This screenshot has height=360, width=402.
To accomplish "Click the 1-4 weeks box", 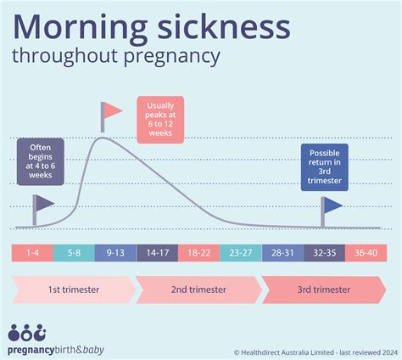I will coord(32,252).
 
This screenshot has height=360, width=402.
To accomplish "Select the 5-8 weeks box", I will coord(74,252).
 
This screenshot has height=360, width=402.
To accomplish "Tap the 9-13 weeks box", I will coord(115,252).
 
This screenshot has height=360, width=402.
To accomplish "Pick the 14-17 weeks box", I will coord(157,252).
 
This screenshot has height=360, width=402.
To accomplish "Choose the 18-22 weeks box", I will coord(200,252).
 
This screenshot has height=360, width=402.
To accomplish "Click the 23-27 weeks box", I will coord(242,252).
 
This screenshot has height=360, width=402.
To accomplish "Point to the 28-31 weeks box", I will coord(283,252).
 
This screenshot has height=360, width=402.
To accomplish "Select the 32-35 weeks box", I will coord(325,252).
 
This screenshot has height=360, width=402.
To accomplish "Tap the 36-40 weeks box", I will coord(367,252).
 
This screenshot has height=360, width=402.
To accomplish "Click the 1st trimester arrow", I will coord(73,290).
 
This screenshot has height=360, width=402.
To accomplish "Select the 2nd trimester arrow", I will coord(198,290).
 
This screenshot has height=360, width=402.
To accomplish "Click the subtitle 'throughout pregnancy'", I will coord(116,58).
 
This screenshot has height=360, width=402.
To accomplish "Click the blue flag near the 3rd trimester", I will coord(332,205).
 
